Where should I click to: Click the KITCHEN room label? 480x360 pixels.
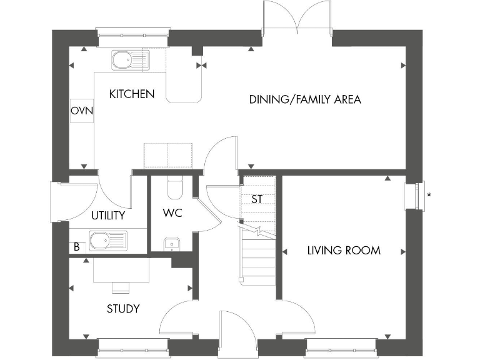point(131,94)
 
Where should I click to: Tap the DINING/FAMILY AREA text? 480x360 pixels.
point(305,99)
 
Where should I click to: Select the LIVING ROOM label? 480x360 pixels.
point(344,251)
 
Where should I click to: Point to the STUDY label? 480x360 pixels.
point(123,309)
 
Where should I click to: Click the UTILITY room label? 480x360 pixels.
point(108,216)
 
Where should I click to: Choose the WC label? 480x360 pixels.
point(172,213)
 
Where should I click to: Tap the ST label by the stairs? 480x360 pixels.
point(256,200)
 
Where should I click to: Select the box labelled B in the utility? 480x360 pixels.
point(76,247)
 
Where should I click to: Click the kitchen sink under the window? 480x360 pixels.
point(127,60)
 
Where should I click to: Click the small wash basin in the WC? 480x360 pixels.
point(170,244)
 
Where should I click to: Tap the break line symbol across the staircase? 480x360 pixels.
point(257,231)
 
